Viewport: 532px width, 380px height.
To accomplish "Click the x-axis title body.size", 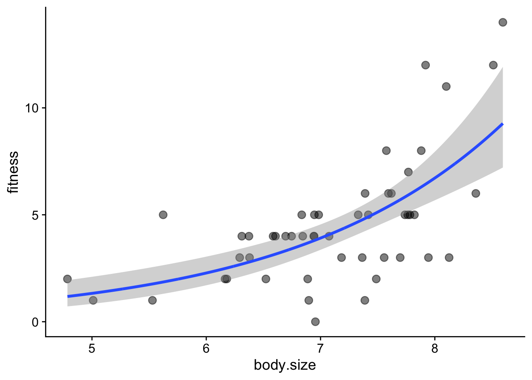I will pos(285,365).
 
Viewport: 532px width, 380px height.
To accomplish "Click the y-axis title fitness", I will pos(13,172).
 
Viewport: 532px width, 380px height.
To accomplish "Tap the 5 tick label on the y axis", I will pos(35,215).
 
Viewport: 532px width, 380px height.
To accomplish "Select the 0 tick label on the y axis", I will pos(35,322).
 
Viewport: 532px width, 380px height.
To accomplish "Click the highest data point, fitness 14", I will pos(503,22).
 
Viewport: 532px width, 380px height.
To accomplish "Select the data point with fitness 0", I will pos(315,321).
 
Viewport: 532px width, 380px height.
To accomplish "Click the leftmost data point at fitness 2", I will pos(67,279).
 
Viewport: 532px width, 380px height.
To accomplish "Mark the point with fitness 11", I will pos(446,86).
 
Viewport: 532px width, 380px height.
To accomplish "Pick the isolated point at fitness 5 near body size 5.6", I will pos(163,215).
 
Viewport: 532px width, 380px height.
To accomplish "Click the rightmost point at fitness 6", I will pos(476,194).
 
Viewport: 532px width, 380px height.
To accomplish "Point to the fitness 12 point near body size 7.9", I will pos(426,65).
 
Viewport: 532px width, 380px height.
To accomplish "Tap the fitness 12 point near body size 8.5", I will pos(493,65).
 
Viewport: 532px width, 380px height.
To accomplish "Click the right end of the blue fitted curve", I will pos(502,124).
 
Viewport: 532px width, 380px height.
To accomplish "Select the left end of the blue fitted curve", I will pos(68,296).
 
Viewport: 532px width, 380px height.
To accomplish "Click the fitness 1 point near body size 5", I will pos(93,300).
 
